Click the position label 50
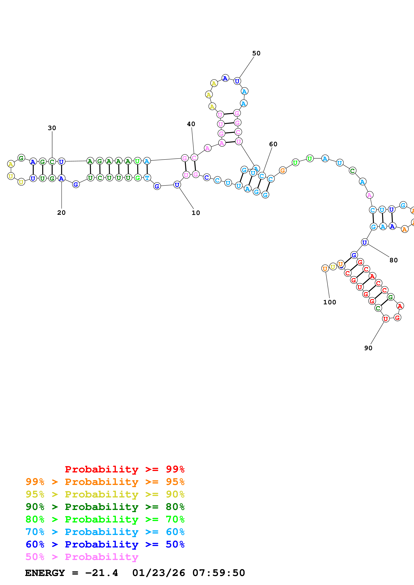point(256,53)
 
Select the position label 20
point(61,212)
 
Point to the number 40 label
point(191,124)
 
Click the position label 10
point(196,213)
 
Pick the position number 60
point(273,144)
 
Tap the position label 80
point(393,260)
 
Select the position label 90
point(368,348)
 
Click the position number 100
point(329,302)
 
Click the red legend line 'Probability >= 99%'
point(124,469)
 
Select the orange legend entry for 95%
point(105,482)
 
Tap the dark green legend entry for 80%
point(105,507)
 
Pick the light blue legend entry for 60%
point(105,532)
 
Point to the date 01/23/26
point(159,573)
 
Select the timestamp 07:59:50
point(219,573)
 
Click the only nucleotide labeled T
point(147,178)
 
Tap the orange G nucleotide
point(282,170)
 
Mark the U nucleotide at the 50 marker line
point(237,81)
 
